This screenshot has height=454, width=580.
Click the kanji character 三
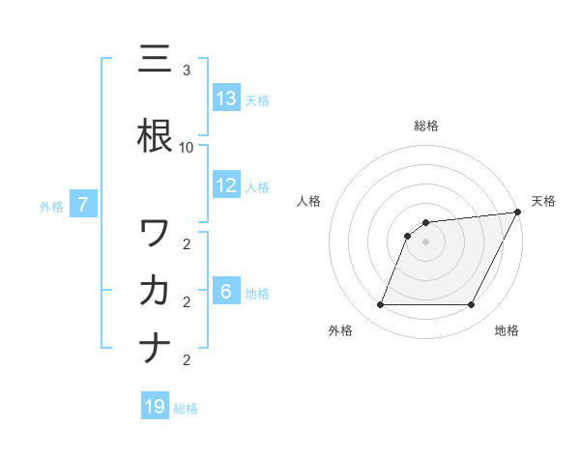point(155,60)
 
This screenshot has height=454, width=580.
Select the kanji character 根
point(155,135)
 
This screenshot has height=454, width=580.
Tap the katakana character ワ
point(155,233)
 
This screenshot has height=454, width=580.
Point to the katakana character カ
point(155,291)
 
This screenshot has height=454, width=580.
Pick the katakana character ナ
point(155,348)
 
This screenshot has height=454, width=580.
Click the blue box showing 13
point(226,99)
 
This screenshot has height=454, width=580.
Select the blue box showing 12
point(226,185)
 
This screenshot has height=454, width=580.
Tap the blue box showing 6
point(226,293)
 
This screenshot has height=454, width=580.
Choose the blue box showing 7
point(83,205)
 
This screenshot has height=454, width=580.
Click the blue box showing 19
point(155,407)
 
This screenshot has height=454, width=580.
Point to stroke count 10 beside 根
point(187,147)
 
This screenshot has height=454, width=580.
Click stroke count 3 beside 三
point(187,71)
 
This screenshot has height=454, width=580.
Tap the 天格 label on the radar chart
point(543,201)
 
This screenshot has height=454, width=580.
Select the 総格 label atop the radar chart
point(425,126)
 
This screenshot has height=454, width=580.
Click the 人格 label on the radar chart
point(308,201)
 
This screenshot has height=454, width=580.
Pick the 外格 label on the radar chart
point(340,331)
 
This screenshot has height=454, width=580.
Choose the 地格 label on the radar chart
point(507,331)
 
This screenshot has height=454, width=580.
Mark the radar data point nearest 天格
point(518,213)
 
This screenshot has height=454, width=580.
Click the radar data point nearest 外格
point(380,305)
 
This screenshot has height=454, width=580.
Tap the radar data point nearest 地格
point(472,305)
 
